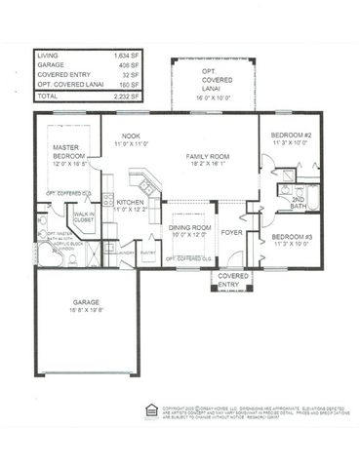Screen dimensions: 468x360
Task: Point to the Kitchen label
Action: pyautogui.click(x=130, y=203)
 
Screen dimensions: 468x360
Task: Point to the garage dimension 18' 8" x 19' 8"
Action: pyautogui.click(x=84, y=312)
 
